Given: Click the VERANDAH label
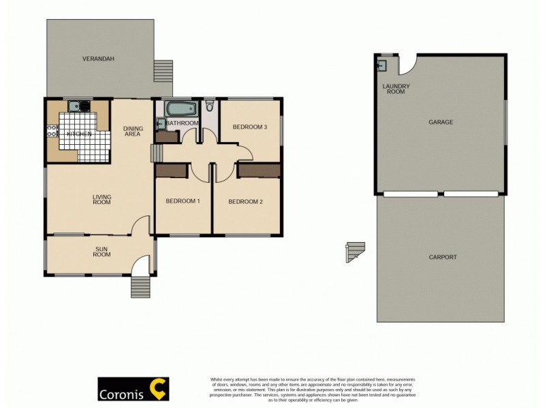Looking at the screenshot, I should (98, 59).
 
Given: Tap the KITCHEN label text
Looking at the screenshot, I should (79, 134).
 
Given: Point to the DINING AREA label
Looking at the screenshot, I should (132, 131).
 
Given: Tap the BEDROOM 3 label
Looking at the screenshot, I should (249, 127).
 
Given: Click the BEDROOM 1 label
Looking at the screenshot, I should (183, 201).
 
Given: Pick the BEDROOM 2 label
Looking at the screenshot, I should (245, 201).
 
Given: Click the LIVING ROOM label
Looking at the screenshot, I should (102, 199).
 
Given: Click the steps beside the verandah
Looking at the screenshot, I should (163, 69).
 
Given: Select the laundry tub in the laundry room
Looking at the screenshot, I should (382, 65).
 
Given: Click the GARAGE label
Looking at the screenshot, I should (441, 122).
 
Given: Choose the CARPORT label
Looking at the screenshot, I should (443, 257).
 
